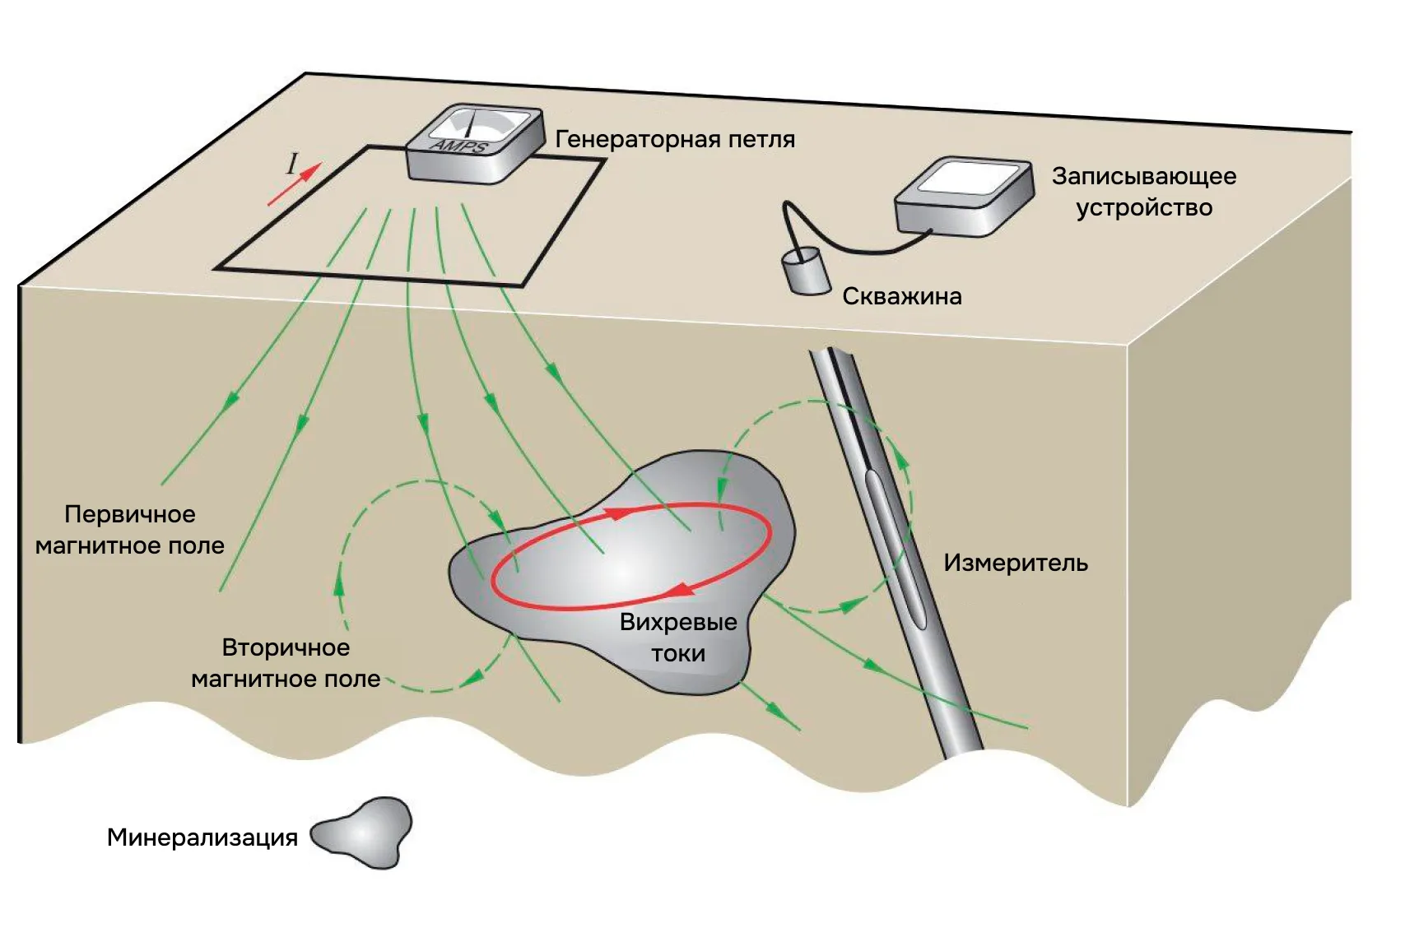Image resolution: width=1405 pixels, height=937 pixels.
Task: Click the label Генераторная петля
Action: tap(675, 139)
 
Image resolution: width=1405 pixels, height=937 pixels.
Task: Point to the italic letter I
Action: tap(291, 165)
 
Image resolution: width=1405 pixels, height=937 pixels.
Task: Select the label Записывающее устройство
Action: tap(1143, 191)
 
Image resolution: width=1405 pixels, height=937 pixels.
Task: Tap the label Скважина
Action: tap(901, 296)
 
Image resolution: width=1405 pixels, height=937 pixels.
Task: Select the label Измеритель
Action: tap(1015, 564)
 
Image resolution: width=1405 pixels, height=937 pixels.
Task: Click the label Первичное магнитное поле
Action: tap(130, 530)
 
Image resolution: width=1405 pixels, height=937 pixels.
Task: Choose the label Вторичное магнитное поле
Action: tap(286, 663)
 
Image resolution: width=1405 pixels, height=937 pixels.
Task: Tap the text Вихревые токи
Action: tap(677, 638)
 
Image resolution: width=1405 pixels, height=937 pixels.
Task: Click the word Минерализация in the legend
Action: tap(202, 837)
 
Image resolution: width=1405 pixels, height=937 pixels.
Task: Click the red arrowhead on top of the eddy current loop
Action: tap(617, 512)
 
